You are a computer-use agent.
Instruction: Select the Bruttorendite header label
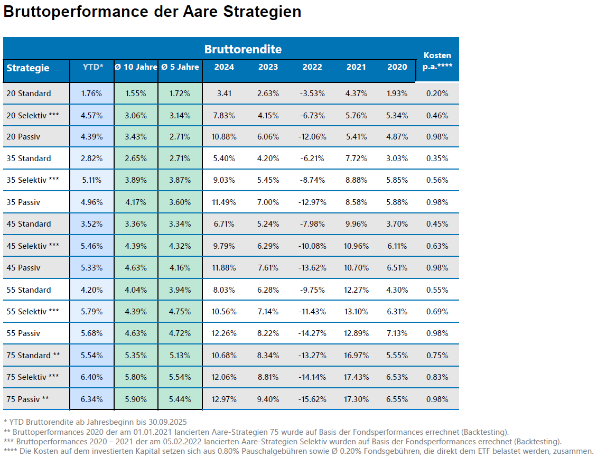242,49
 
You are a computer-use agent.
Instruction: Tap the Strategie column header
28,68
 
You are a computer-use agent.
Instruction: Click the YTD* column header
93,67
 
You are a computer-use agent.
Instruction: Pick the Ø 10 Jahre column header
136,67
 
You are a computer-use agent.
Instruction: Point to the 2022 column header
312,67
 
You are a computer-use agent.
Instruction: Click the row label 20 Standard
29,94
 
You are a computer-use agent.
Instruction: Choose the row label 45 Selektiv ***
33,246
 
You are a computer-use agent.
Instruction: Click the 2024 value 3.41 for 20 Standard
225,94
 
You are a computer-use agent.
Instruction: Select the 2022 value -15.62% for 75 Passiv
312,399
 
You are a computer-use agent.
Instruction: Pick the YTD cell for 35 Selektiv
92,180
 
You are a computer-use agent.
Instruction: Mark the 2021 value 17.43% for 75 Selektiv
356,377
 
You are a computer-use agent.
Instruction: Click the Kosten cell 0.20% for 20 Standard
437,94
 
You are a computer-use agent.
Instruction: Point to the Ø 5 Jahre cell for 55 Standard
180,290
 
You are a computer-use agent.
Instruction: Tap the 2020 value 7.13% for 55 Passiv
397,333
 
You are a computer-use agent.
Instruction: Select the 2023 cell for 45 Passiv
268,268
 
